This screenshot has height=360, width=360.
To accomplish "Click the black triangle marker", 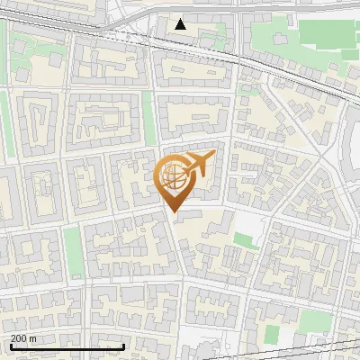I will coord(181,24).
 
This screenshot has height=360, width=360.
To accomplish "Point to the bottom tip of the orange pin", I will coord(172,211).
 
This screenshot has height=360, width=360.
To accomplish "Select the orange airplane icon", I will coord(197,164).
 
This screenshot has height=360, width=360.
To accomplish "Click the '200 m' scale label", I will coord(23,337).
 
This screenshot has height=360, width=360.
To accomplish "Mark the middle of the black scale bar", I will coord(67,346).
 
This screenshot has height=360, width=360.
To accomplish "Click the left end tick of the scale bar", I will coord(11,346).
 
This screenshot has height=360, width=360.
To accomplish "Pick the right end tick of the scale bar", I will coord(122,346).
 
